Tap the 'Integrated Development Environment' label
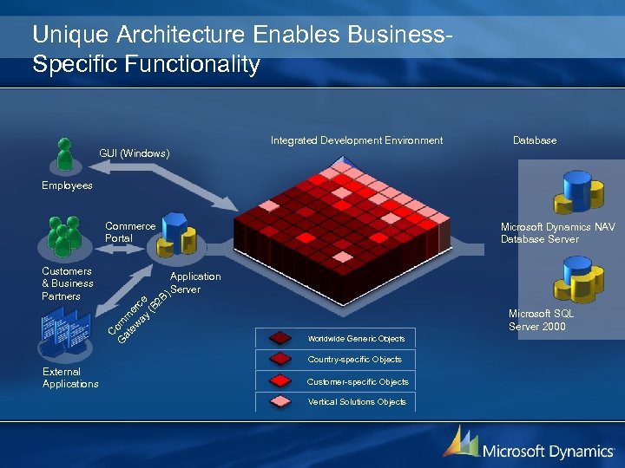[x=356, y=140]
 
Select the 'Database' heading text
[x=535, y=140]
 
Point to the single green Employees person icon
[x=64, y=154]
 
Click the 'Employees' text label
[x=67, y=185]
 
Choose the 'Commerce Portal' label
[x=130, y=232]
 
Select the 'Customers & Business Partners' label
[x=68, y=283]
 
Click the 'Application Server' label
[x=195, y=283]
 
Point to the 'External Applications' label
[x=70, y=378]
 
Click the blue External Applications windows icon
[x=65, y=335]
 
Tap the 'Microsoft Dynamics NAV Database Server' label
[x=557, y=233]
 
